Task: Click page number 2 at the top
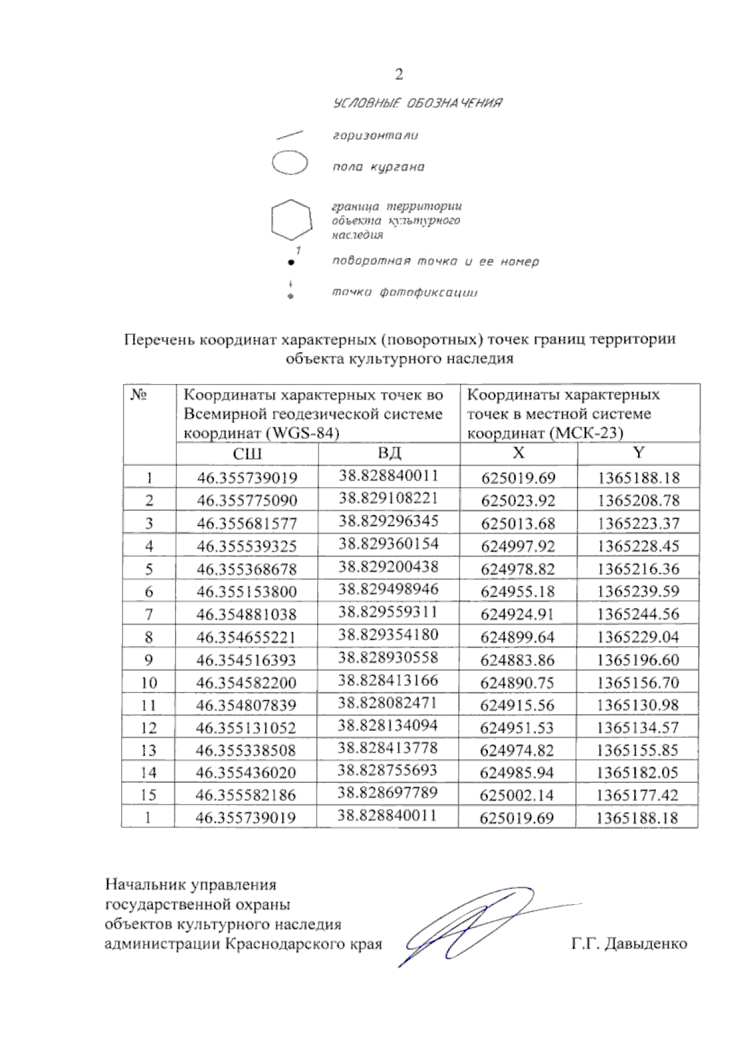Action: click(399, 75)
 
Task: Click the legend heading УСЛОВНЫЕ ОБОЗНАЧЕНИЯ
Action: click(417, 103)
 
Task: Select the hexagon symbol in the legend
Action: click(291, 220)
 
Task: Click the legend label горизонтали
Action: click(375, 135)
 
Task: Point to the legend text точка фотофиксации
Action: click(405, 292)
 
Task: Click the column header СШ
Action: click(247, 454)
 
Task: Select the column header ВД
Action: click(389, 453)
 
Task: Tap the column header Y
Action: click(638, 453)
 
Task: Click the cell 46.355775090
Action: click(247, 500)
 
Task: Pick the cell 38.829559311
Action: click(388, 612)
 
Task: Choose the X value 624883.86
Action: click(518, 660)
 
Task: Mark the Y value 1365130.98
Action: click(638, 705)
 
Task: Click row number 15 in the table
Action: click(148, 795)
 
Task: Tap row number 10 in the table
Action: click(148, 683)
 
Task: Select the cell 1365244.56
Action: click(638, 614)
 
